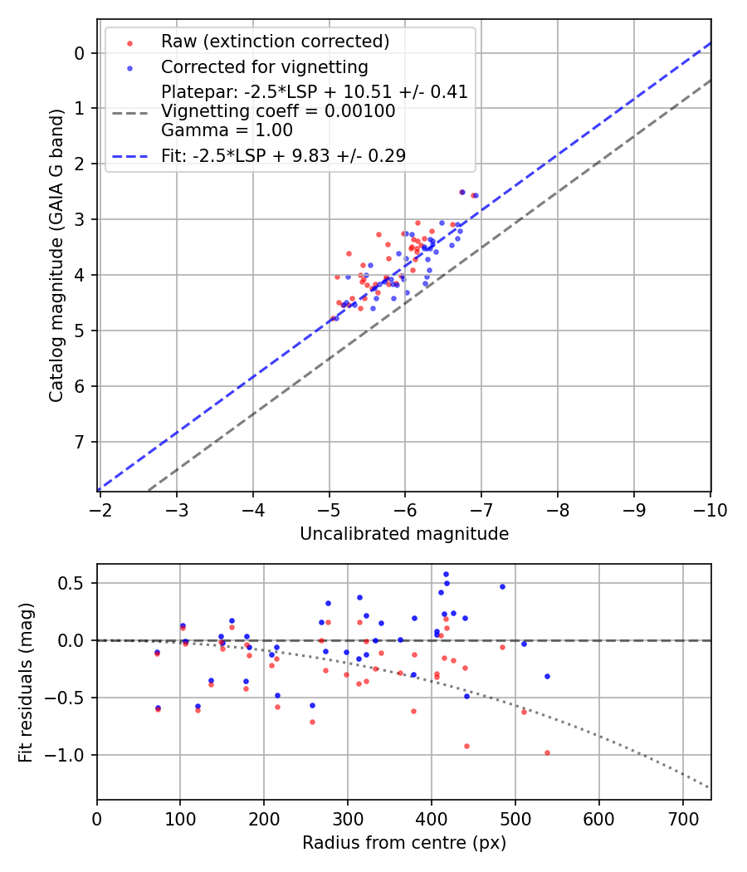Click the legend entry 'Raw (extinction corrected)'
coord(275,42)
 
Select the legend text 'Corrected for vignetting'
coord(264,66)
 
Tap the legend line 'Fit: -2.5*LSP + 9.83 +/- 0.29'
coord(283,154)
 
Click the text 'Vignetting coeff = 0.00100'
coord(278,111)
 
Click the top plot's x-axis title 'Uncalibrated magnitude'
coord(403,534)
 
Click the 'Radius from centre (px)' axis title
coord(403,843)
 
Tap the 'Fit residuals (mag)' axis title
coord(26,681)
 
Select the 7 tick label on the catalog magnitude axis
coord(80,442)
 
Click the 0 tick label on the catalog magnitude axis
coord(80,53)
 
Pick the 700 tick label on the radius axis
coord(682,820)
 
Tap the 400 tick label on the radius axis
coord(431,820)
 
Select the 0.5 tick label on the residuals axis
coord(75,583)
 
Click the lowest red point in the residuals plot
coord(547,752)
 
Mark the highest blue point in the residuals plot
coord(446,574)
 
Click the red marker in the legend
coord(129,42)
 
